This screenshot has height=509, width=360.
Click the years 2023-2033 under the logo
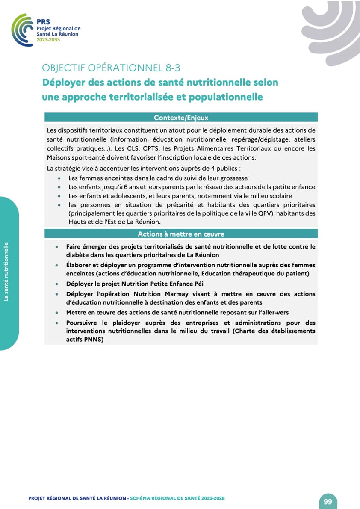tap(48, 40)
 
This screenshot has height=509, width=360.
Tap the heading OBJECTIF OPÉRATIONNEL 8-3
tap(114, 68)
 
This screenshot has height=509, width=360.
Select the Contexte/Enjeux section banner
tap(181, 117)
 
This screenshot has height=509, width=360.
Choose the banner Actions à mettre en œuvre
tap(181, 234)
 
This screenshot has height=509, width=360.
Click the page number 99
tap(328, 501)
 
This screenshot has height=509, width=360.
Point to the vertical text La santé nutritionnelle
tap(6, 272)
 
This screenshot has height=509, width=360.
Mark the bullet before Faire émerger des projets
tap(57, 247)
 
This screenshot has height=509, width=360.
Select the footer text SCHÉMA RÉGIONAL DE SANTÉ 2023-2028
tap(177, 498)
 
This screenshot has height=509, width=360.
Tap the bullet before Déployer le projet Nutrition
tap(57, 284)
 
